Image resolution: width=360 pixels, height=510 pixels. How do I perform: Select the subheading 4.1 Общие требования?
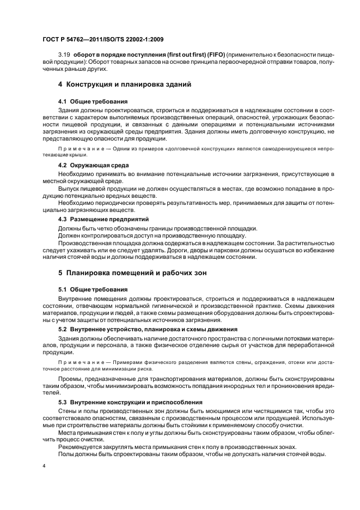pyautogui.click(x=93, y=101)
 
